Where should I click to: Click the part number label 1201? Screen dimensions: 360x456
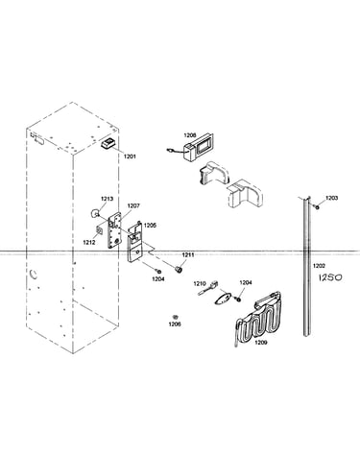pyautogui.click(x=130, y=156)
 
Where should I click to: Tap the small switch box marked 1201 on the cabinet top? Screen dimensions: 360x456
pyautogui.click(x=108, y=143)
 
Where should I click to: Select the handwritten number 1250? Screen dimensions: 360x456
pyautogui.click(x=330, y=277)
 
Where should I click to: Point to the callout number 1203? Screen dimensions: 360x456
pyautogui.click(x=332, y=198)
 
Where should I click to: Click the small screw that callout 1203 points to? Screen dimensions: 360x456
pyautogui.click(x=318, y=207)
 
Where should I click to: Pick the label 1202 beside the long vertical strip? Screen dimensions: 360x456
pyautogui.click(x=319, y=265)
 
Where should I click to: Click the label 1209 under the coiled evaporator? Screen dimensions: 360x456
pyautogui.click(x=260, y=343)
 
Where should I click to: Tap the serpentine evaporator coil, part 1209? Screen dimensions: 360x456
pyautogui.click(x=258, y=319)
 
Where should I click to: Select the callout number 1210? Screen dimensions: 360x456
pyautogui.click(x=200, y=283)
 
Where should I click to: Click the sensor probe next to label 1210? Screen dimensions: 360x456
pyautogui.click(x=208, y=288)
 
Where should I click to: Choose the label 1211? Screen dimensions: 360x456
pyautogui.click(x=188, y=254)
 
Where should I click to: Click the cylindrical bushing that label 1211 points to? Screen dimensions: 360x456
pyautogui.click(x=179, y=269)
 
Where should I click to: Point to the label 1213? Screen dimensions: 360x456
pyautogui.click(x=108, y=199)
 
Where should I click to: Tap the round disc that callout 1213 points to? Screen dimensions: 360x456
pyautogui.click(x=95, y=213)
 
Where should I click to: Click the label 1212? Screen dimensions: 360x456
pyautogui.click(x=89, y=242)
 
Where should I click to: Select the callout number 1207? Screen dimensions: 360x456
pyautogui.click(x=133, y=205)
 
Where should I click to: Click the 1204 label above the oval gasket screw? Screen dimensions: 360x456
pyautogui.click(x=246, y=282)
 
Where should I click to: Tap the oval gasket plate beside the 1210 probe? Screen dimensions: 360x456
pyautogui.click(x=222, y=298)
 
